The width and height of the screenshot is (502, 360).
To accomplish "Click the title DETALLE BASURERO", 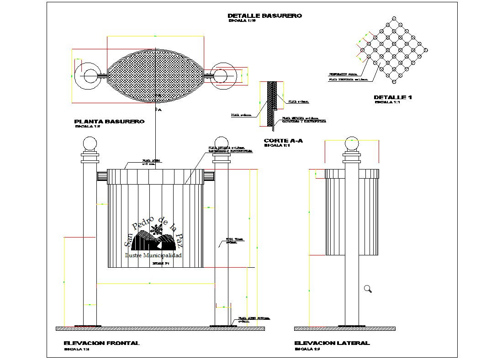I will pyautogui.click(x=264, y=16).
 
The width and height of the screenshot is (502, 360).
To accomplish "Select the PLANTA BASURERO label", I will pyautogui.click(x=109, y=122).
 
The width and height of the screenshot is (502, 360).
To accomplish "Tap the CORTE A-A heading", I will pyautogui.click(x=283, y=141).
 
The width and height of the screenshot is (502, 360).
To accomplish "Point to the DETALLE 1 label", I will pyautogui.click(x=393, y=97).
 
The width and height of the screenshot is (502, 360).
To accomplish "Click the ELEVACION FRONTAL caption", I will pyautogui.click(x=101, y=343).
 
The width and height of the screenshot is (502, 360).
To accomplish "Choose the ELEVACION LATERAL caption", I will pyautogui.click(x=332, y=343).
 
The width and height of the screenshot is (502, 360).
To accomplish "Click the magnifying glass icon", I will pyautogui.click(x=368, y=289).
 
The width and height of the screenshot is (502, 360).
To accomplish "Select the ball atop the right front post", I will pyautogui.click(x=221, y=143).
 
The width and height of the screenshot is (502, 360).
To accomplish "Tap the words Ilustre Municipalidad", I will pyautogui.click(x=153, y=255).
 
